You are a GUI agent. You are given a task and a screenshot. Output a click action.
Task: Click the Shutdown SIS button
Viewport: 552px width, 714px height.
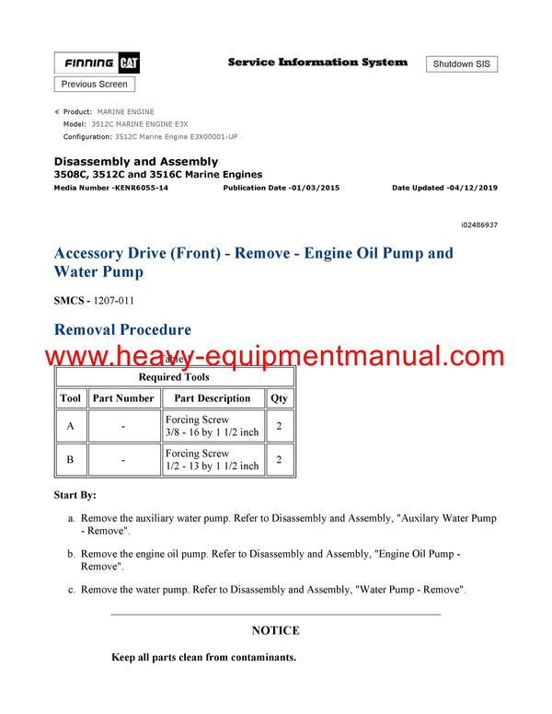pos(462,63)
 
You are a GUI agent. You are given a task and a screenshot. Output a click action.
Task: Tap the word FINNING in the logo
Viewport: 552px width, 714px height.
pos(89,63)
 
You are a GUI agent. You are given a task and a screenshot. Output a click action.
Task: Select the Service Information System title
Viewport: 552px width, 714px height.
pos(317,63)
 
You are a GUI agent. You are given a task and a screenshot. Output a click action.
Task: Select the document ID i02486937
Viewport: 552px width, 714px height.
pos(479,225)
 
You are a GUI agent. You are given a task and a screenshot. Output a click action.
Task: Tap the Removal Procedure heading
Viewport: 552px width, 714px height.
pos(122,329)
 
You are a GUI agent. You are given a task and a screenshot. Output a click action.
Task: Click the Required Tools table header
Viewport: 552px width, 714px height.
pos(174,376)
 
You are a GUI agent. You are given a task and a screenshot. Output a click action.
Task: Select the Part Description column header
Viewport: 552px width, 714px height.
pos(213,398)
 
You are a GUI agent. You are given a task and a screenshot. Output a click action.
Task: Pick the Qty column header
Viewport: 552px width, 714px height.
pos(279,398)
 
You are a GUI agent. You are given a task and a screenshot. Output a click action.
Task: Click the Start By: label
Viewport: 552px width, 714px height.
pos(75,495)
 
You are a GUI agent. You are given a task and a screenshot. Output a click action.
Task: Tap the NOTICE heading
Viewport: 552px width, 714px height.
pos(275,630)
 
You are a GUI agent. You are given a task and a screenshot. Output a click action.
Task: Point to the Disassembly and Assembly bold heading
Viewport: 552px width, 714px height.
pos(136,162)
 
